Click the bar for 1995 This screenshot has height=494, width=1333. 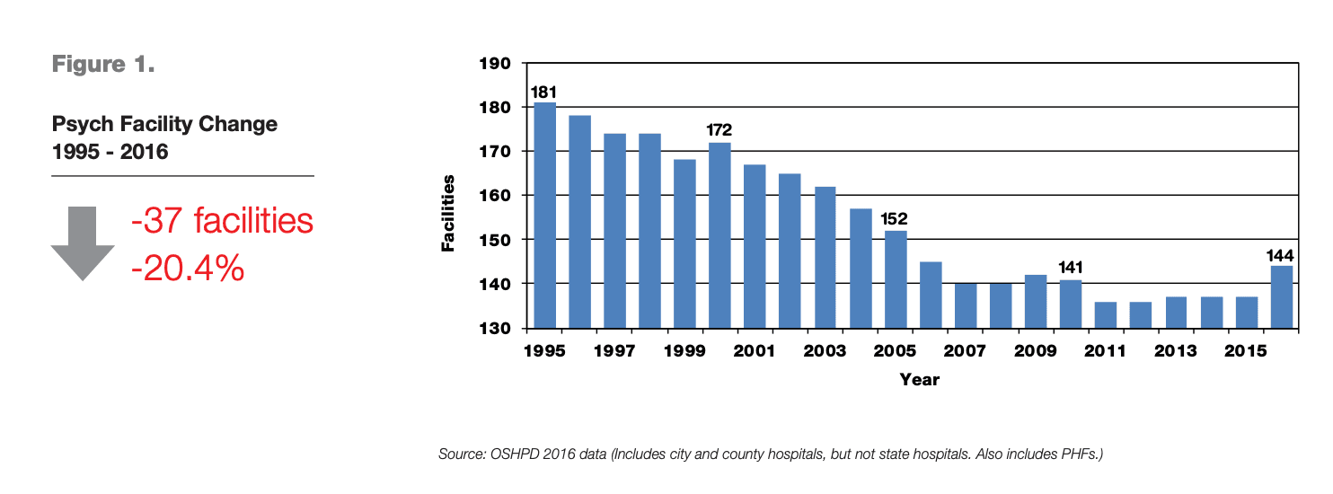click(544, 216)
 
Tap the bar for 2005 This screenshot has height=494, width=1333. click(896, 279)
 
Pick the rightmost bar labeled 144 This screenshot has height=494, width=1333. click(1282, 297)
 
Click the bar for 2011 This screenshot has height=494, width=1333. click(1106, 314)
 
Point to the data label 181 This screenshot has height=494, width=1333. click(543, 93)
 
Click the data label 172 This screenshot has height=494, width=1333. click(719, 131)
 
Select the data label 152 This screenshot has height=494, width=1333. click(896, 219)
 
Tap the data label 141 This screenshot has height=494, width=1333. click(1071, 268)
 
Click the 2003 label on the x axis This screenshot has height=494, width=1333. click(825, 350)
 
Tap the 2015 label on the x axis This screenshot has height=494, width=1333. click(1246, 350)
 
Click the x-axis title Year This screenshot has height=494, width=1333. click(919, 380)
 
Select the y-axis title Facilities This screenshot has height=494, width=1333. click(448, 213)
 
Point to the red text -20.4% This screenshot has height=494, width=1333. click(188, 267)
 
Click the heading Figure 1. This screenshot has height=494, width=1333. click(103, 65)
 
